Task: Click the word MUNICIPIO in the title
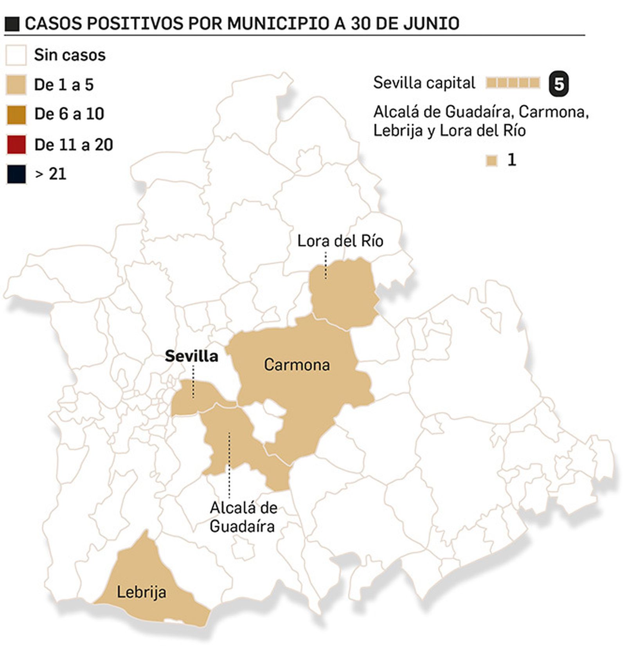(x=278, y=23)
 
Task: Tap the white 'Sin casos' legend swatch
(x=16, y=55)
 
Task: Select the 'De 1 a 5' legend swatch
(x=16, y=85)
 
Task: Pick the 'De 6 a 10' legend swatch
(x=16, y=115)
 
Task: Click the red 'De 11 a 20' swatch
(x=16, y=144)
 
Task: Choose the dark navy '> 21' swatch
(x=16, y=174)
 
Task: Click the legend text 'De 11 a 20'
(x=74, y=145)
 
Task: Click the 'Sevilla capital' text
(x=424, y=83)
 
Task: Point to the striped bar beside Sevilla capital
(x=513, y=83)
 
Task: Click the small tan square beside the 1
(x=491, y=160)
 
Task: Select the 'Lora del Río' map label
(x=340, y=241)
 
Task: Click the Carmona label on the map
(x=297, y=365)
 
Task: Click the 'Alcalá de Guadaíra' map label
(x=243, y=517)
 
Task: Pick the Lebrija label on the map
(x=141, y=592)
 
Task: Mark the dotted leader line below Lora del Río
(x=326, y=265)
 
